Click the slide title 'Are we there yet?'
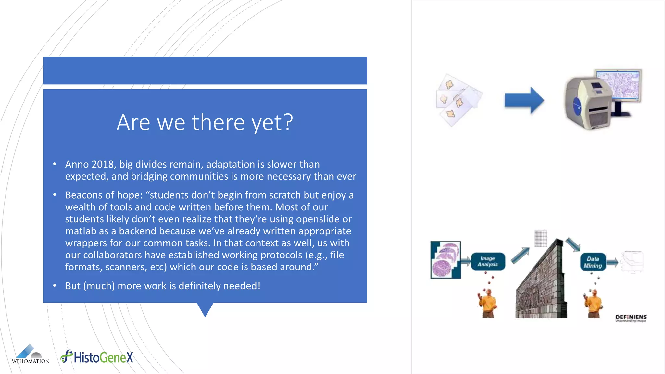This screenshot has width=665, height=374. click(x=205, y=122)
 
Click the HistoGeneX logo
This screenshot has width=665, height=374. click(x=97, y=357)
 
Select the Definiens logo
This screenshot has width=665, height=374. click(x=631, y=318)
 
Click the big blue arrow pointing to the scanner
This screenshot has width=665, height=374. click(x=524, y=100)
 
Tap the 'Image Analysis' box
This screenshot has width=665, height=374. click(x=487, y=261)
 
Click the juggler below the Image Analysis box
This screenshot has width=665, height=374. click(x=487, y=304)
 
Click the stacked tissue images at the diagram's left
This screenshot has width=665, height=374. click(x=445, y=260)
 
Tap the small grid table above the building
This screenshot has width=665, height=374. click(x=541, y=238)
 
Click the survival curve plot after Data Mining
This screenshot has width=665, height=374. click(x=632, y=262)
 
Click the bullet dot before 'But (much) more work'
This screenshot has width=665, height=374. click(x=55, y=286)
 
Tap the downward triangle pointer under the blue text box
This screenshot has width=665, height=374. click(x=205, y=309)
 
